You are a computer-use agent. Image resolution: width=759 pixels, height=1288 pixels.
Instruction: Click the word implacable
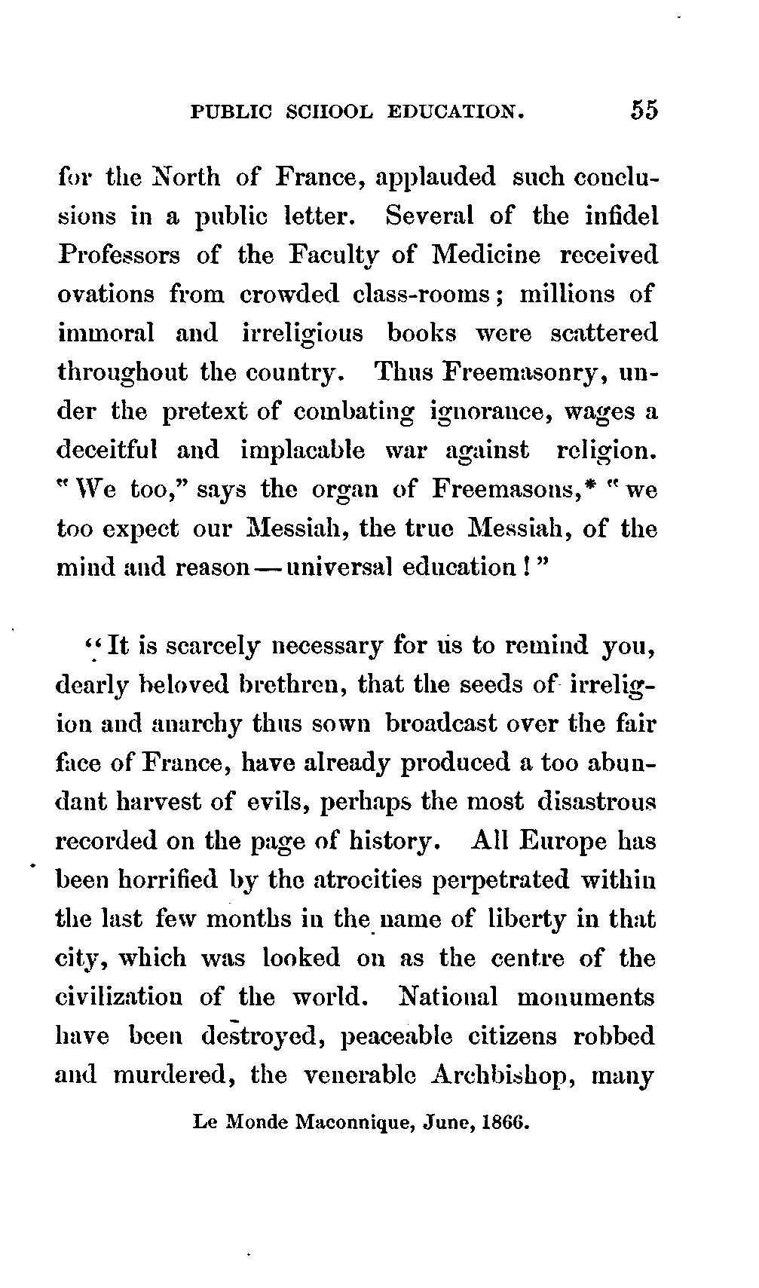coord(303,451)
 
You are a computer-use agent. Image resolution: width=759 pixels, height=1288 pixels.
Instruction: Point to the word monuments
coord(587,997)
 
